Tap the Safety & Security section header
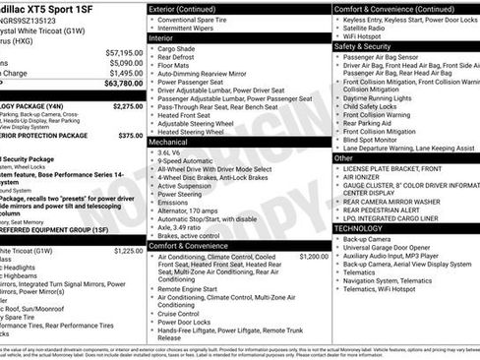pos(363,46)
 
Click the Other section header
pos(343,157)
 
